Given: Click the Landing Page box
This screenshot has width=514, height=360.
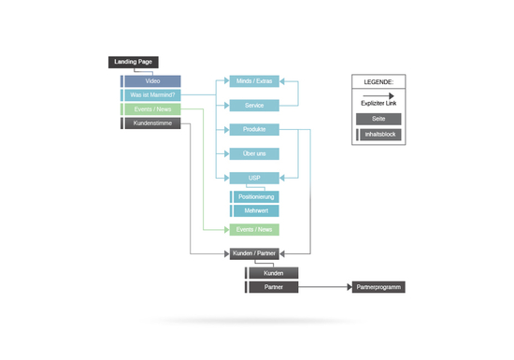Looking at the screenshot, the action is pos(134,62).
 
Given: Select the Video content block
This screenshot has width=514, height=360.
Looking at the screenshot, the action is pos(150,81).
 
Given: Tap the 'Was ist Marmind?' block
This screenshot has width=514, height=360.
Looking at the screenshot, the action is pos(150,95).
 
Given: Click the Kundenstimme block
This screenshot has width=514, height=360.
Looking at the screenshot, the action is pos(150,123).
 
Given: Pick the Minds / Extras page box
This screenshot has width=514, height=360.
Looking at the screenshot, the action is pos(254,81).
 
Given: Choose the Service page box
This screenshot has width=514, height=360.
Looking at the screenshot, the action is pos(254,106).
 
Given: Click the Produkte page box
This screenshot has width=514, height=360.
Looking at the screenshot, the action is pos(254,130).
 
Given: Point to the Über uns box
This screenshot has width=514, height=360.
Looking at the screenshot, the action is pos(254,153).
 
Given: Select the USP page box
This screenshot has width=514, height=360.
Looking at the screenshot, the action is pos(254,178).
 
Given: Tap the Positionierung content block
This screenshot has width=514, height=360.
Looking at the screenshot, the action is pos(255,196).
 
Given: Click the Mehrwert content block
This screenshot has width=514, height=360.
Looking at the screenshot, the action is pos(255,210).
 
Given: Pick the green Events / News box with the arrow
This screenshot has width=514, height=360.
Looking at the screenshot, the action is pos(254,229).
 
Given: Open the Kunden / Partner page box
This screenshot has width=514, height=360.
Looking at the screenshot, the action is pos(254,253).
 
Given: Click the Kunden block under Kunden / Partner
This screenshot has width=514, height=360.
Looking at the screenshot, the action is pos(272,273).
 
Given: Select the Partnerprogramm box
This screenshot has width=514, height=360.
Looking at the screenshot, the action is pos(378,287).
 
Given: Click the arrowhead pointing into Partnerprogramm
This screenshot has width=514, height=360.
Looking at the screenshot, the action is pos(350,287).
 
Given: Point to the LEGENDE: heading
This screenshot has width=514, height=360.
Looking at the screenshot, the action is pos(378,82).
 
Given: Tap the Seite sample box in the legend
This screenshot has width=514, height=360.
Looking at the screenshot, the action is pos(378,119).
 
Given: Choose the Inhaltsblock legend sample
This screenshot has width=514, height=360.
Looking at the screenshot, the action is pos(378,135).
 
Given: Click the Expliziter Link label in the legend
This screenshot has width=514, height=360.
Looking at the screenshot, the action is pos(378,103).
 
